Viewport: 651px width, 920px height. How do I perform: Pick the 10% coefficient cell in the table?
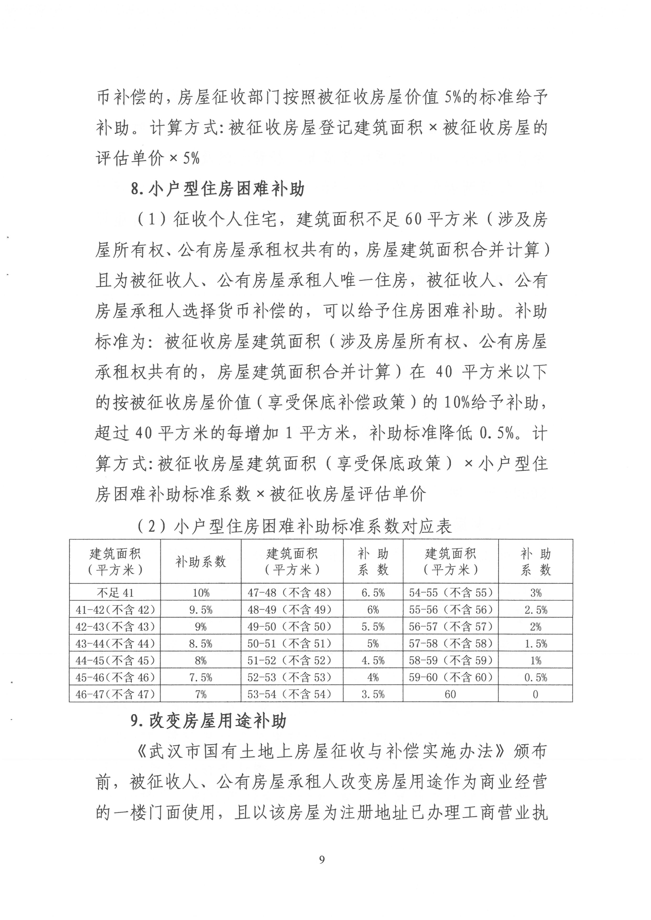(x=201, y=593)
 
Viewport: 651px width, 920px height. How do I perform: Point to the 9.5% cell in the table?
(x=201, y=610)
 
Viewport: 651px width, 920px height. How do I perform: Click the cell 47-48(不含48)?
(x=292, y=593)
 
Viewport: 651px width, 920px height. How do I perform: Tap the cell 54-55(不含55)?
(x=450, y=593)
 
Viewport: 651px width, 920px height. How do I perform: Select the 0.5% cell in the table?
(x=535, y=678)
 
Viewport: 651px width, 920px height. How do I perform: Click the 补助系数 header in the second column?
(x=201, y=562)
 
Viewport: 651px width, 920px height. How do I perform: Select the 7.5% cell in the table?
(x=201, y=678)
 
